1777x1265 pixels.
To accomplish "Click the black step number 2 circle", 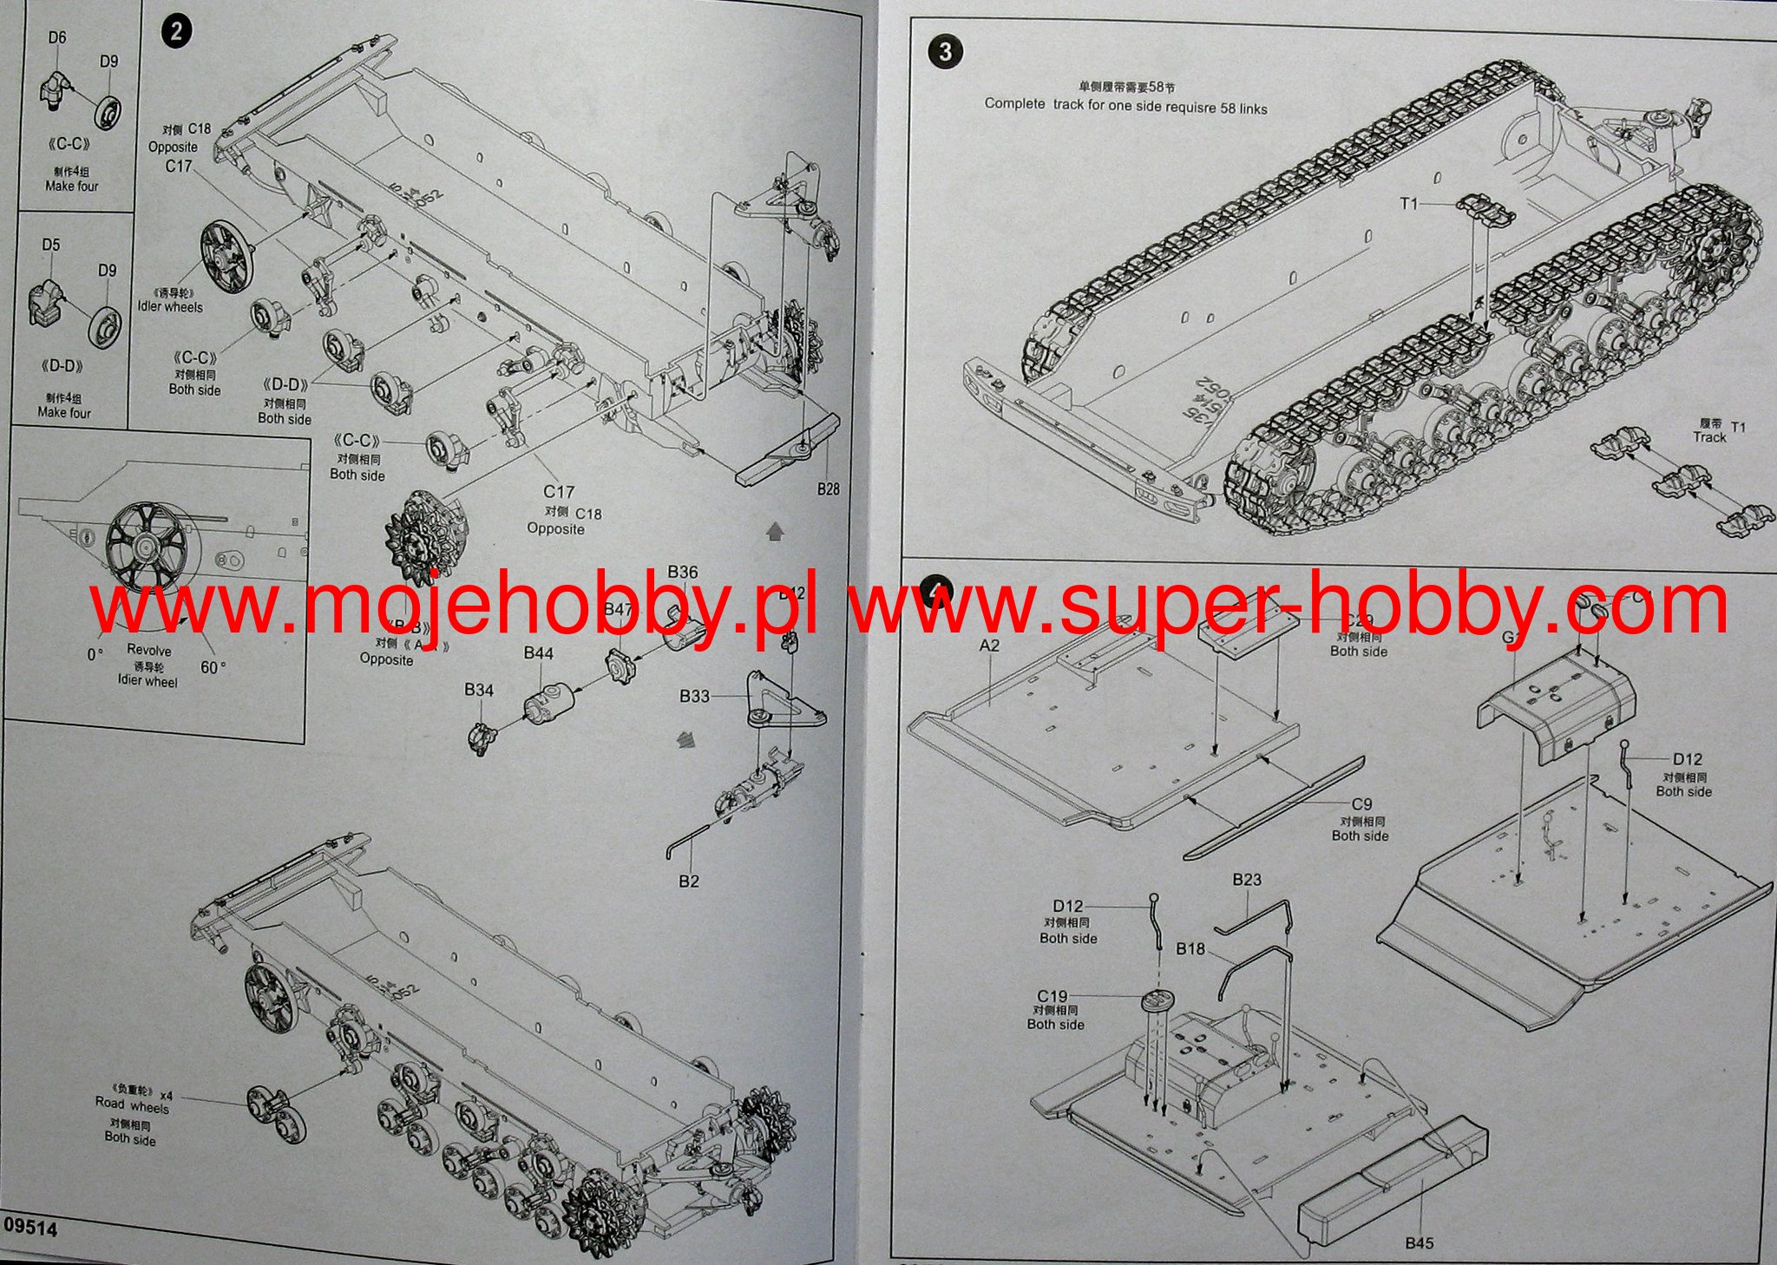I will [177, 33].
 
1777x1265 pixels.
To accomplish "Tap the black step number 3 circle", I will [946, 52].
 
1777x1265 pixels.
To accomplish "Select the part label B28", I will [828, 489].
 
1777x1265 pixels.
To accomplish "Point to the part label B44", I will [538, 653].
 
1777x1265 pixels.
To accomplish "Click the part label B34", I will [478, 690].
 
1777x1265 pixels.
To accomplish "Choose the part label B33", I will [694, 696].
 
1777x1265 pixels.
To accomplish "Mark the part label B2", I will [688, 882].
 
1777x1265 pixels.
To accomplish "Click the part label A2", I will [989, 646].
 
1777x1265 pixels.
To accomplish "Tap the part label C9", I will [1361, 804].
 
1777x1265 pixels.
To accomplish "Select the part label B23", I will [1247, 880].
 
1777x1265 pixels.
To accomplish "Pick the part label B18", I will [1190, 949].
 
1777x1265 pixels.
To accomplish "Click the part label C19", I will [1052, 996].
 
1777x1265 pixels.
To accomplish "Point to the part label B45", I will [1420, 1243].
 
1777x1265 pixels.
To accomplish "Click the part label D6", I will [57, 37].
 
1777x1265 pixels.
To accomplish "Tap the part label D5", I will [51, 245].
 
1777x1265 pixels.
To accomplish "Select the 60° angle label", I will [213, 667].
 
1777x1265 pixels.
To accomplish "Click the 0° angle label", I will [95, 655].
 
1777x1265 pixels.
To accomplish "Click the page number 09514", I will [30, 1229].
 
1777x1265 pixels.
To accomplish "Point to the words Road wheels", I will [132, 1106].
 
